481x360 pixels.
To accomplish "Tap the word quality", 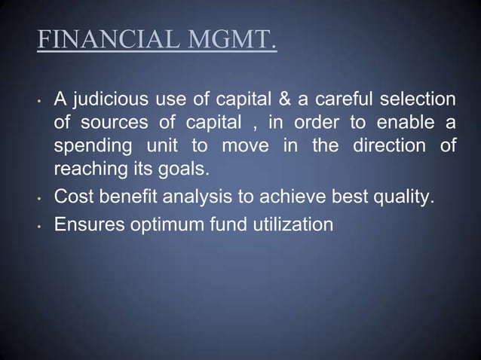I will [405, 199].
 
